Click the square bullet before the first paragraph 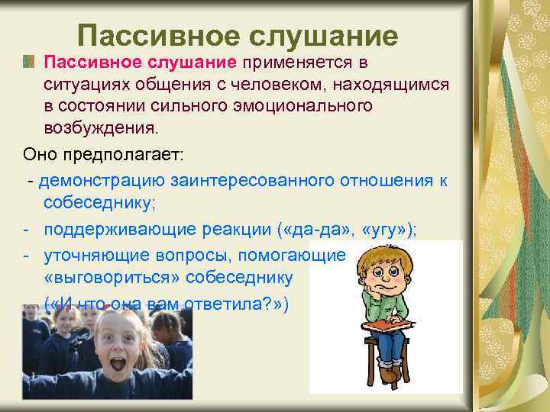coord(30,60)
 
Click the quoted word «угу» coord(380,230)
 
